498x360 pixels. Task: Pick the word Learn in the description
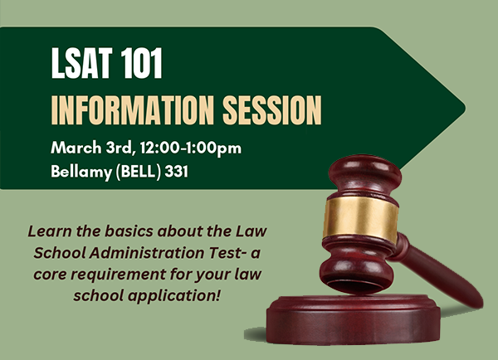46,230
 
